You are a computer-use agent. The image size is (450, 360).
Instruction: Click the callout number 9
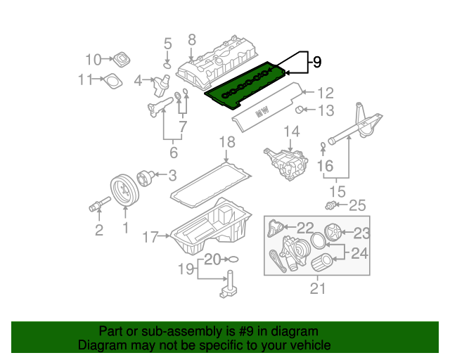[x=316, y=62]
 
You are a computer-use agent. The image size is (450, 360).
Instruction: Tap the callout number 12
[x=324, y=92]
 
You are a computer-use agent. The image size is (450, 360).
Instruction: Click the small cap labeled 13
[x=299, y=109]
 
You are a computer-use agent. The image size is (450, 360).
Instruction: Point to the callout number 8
[x=191, y=39]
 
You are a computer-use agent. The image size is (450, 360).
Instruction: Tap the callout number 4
[x=139, y=79]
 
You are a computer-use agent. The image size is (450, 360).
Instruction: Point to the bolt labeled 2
[x=95, y=206]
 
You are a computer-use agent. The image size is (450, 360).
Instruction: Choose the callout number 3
[x=172, y=175]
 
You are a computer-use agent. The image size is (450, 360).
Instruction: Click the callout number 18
[x=225, y=143]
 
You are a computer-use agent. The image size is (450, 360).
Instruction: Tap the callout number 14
[x=291, y=131]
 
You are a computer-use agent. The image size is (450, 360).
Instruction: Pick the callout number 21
[x=319, y=288]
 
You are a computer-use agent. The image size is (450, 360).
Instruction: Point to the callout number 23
[x=361, y=233]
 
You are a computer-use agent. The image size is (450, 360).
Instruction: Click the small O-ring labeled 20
[x=233, y=259]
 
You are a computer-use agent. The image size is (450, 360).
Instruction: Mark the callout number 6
[x=173, y=151]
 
